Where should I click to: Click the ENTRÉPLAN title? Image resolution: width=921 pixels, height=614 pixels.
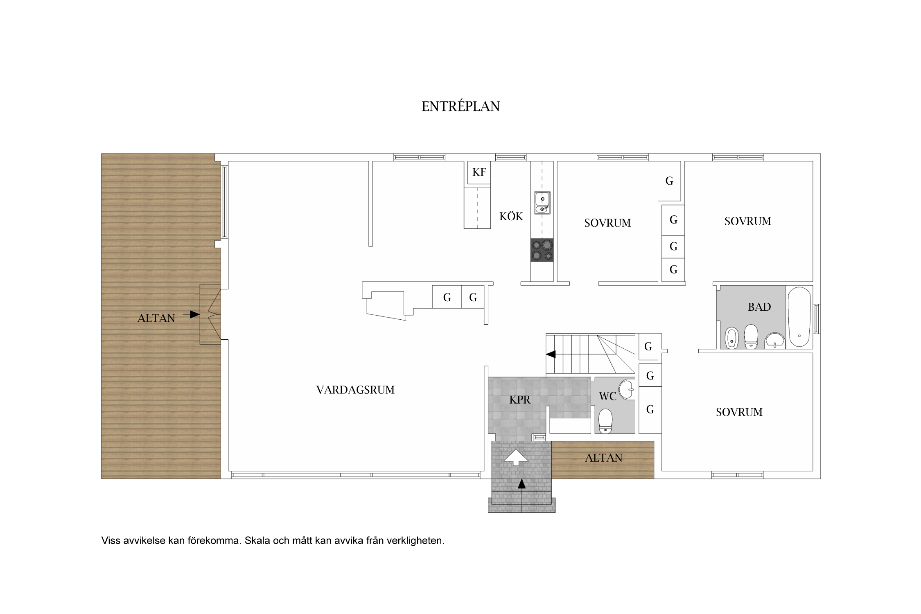[x=460, y=106]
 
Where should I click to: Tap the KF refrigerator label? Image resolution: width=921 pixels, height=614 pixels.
[x=479, y=172]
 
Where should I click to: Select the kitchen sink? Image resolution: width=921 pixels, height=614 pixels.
[x=542, y=203]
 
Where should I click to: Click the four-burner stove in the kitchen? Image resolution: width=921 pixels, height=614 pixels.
[x=542, y=250]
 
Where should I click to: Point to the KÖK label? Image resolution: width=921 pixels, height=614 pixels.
[x=511, y=216]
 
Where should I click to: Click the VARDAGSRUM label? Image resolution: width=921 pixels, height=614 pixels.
[x=355, y=390]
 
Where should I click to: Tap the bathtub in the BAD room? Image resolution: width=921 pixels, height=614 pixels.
[x=799, y=317]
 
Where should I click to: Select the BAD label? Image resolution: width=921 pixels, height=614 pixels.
[x=759, y=307]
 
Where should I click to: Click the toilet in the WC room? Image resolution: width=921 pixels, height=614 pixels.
[x=605, y=421]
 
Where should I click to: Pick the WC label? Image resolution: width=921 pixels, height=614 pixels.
[x=607, y=396]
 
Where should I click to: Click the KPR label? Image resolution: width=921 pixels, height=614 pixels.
[x=520, y=400]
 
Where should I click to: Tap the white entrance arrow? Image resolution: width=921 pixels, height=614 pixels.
[x=516, y=457]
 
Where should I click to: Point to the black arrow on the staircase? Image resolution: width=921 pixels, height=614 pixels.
[x=551, y=354]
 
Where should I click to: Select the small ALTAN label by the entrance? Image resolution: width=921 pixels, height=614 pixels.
[x=604, y=458]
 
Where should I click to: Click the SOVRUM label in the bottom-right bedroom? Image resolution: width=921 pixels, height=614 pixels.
[x=739, y=412]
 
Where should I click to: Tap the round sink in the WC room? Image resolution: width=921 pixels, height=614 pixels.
[x=626, y=389]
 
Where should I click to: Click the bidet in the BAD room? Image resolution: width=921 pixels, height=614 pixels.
[x=731, y=338]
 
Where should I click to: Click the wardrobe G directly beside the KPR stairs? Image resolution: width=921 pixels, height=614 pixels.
[x=648, y=347]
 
